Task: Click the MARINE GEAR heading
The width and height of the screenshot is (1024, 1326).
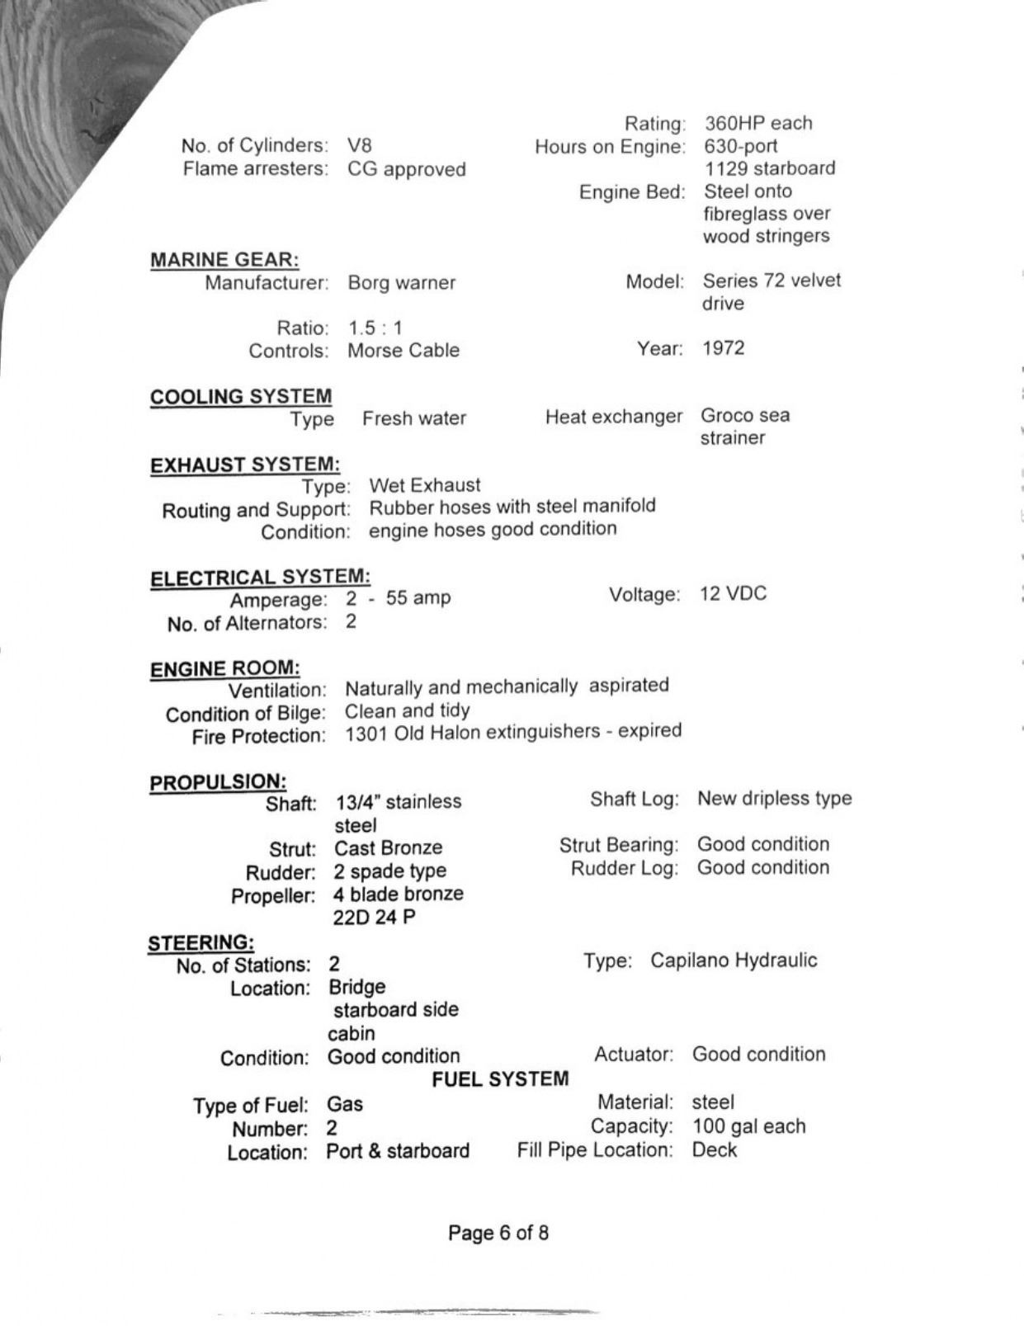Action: click(224, 260)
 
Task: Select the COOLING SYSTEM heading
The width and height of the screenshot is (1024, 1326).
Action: click(241, 397)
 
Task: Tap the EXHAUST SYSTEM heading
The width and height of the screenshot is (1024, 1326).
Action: click(244, 465)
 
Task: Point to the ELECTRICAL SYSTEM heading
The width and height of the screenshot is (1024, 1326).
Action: click(260, 578)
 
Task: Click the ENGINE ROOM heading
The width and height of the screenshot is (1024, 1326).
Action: click(224, 668)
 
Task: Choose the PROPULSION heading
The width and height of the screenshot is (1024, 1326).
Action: click(218, 781)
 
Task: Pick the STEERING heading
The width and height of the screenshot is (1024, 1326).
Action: click(201, 942)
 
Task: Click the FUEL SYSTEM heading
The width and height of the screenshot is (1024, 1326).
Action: click(500, 1079)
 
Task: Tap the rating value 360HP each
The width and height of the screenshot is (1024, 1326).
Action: click(757, 124)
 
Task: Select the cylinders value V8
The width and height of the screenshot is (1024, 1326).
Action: click(360, 146)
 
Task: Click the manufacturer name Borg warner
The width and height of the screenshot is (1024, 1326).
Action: click(401, 283)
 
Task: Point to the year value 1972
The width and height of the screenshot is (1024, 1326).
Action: click(724, 348)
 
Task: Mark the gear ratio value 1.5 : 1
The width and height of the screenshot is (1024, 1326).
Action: click(375, 328)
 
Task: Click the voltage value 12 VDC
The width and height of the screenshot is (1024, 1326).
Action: click(733, 594)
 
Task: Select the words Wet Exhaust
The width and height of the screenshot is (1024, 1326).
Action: click(424, 485)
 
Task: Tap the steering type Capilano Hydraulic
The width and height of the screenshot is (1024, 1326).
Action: click(734, 960)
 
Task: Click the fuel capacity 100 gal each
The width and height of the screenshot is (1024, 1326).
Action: click(748, 1126)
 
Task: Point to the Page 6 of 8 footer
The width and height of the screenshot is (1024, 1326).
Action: click(498, 1233)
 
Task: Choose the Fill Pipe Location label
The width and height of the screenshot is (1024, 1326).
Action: click(595, 1149)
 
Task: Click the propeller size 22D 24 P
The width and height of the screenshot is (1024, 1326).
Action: click(374, 917)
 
